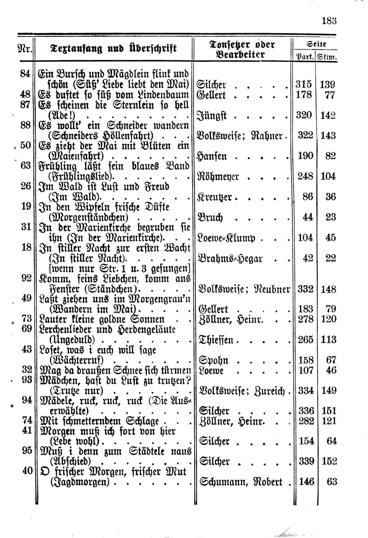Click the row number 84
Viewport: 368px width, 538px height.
pos(25,74)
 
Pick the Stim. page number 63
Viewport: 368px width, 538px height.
pos(331,481)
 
